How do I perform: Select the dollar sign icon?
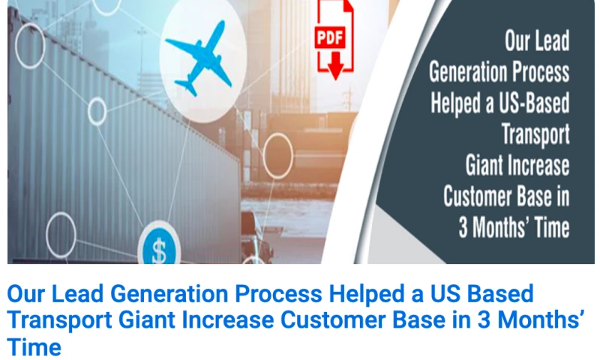pyautogui.click(x=160, y=250)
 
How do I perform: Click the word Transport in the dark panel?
pyautogui.click(x=535, y=134)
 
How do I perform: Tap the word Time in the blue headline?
pyautogui.click(x=34, y=347)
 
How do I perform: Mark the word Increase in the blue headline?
pyautogui.click(x=229, y=321)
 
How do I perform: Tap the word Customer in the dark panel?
pyautogui.click(x=477, y=196)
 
